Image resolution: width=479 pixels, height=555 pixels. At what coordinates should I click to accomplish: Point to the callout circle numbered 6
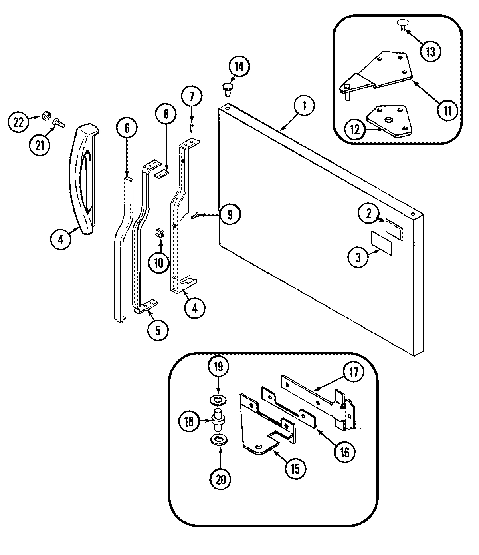coord(127,128)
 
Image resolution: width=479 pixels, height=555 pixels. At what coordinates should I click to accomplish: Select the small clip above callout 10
coord(160,232)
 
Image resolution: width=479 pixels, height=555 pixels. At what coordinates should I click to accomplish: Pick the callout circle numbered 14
coord(238,67)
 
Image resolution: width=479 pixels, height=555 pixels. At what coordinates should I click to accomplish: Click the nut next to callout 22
coord(46,117)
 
